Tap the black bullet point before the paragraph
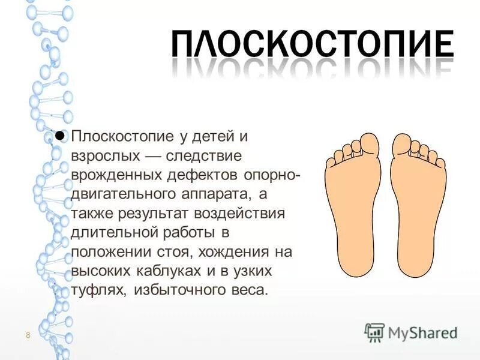pyautogui.click(x=60, y=135)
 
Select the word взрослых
pyautogui.click(x=103, y=155)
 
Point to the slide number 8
pyautogui.click(x=28, y=334)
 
